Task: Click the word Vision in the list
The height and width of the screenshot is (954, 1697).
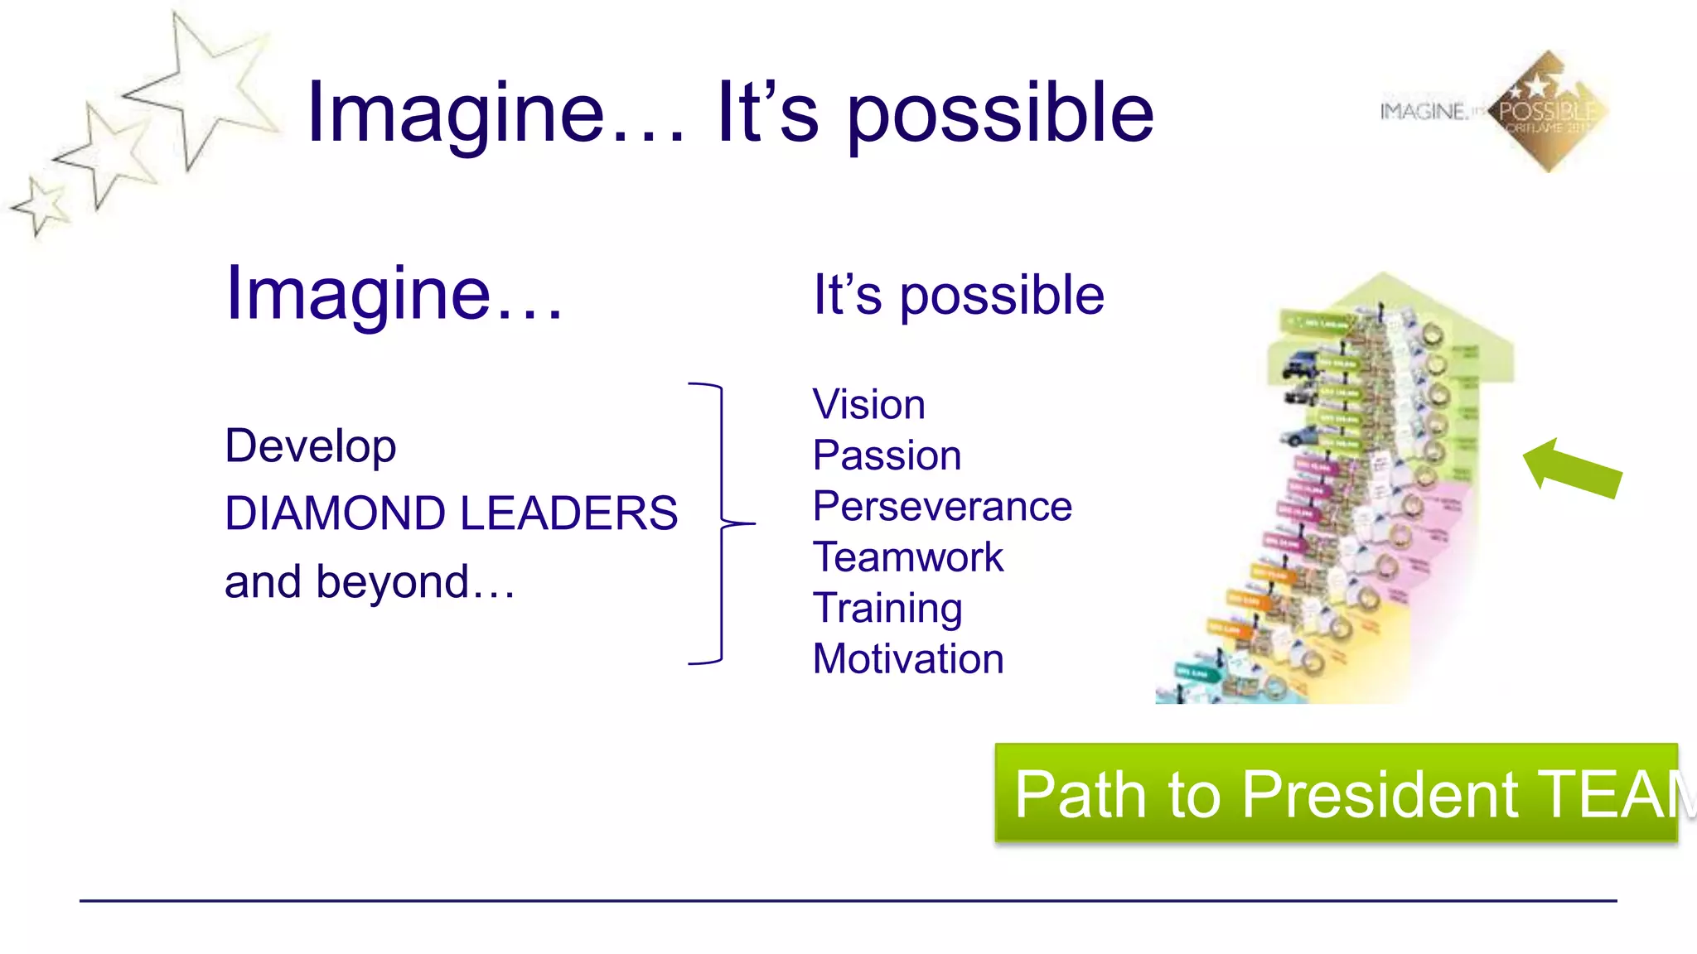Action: tap(868, 405)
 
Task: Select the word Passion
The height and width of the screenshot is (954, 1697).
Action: tap(887, 455)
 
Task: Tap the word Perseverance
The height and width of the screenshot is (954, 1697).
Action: tap(942, 506)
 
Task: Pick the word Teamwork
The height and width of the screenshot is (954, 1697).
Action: tap(907, 556)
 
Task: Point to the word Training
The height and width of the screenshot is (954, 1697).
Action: tap(887, 608)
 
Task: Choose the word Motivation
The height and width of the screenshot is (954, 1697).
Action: tap(907, 659)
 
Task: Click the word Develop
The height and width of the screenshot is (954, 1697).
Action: tap(310, 447)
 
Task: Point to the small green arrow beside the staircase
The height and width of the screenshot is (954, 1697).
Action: tap(1571, 469)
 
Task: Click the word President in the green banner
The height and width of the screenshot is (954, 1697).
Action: tap(1380, 795)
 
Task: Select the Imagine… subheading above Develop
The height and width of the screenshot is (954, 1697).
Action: tap(394, 293)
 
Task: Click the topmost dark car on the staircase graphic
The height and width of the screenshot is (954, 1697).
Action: tap(1301, 364)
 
